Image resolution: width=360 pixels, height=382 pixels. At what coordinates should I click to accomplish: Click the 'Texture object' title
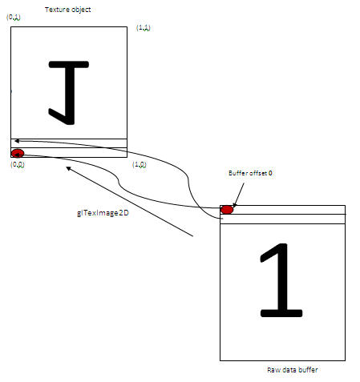point(68,10)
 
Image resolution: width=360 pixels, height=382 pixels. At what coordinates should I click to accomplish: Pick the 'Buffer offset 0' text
point(250,173)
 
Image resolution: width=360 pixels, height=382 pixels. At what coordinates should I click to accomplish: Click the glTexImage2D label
point(103,213)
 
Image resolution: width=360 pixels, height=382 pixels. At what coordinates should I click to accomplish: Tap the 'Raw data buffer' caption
point(293,370)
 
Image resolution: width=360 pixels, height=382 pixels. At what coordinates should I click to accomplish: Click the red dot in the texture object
point(18,154)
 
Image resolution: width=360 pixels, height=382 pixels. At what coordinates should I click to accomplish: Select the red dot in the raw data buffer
point(227,210)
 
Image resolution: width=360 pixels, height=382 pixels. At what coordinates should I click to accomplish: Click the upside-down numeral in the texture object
point(68,93)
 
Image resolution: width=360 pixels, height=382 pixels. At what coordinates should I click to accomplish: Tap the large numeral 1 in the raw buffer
point(281,280)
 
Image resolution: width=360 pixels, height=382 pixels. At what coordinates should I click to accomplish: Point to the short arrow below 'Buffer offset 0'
point(238,195)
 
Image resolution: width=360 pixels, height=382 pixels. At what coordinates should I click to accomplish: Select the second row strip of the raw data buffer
point(282,219)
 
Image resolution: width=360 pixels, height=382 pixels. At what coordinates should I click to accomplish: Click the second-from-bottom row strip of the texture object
point(69,143)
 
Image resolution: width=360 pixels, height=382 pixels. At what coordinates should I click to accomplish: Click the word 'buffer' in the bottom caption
point(308,370)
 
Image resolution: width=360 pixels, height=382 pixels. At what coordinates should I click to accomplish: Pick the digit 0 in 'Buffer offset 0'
point(270,173)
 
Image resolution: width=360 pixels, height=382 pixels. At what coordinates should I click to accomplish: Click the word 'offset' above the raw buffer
point(258,173)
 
